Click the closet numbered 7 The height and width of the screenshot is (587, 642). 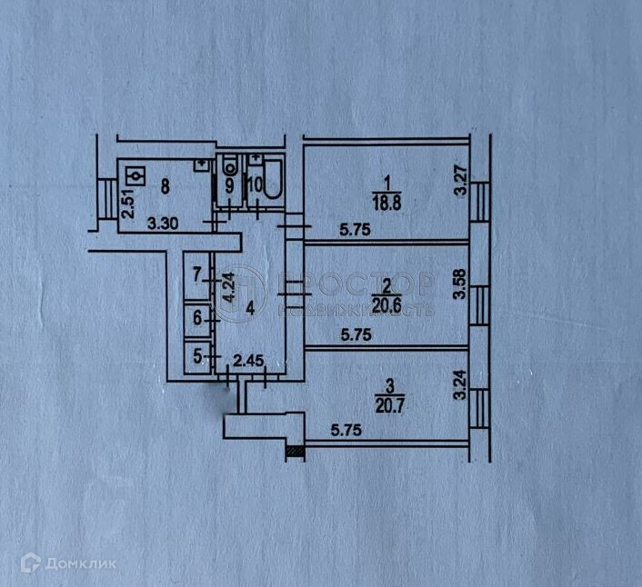(196, 272)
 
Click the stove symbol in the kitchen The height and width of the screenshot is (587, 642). (136, 174)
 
